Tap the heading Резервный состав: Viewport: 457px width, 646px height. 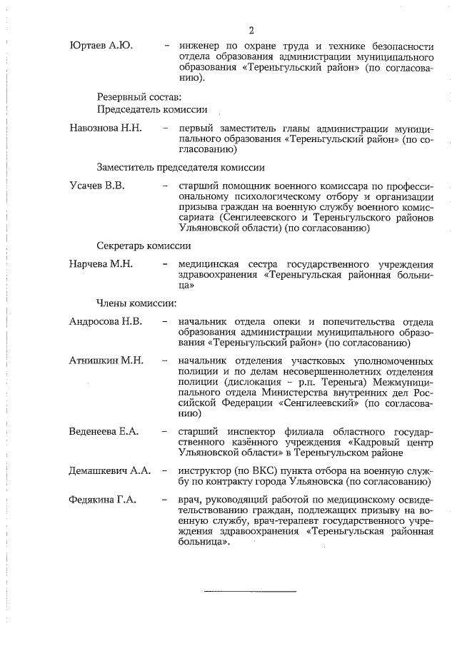(x=139, y=96)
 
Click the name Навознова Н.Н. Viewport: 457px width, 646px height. (x=106, y=128)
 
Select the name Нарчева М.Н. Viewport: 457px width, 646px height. (x=101, y=263)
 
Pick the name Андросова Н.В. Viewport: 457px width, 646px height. (x=106, y=321)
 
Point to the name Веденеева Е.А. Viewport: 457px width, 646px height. (x=104, y=432)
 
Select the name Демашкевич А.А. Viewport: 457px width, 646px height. (x=109, y=471)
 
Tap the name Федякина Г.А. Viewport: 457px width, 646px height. (x=103, y=499)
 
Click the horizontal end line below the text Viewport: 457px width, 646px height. (x=250, y=591)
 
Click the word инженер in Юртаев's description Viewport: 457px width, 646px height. (x=201, y=46)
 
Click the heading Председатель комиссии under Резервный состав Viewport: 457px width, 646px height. (x=152, y=109)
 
